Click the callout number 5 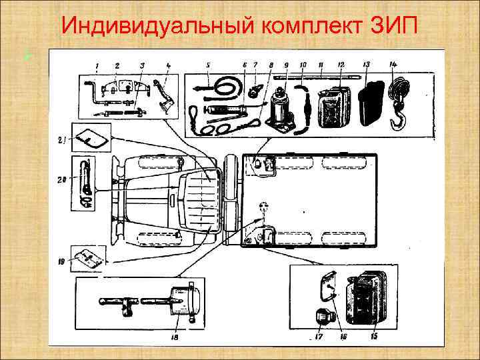click(208, 65)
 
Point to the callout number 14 click(393, 64)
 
